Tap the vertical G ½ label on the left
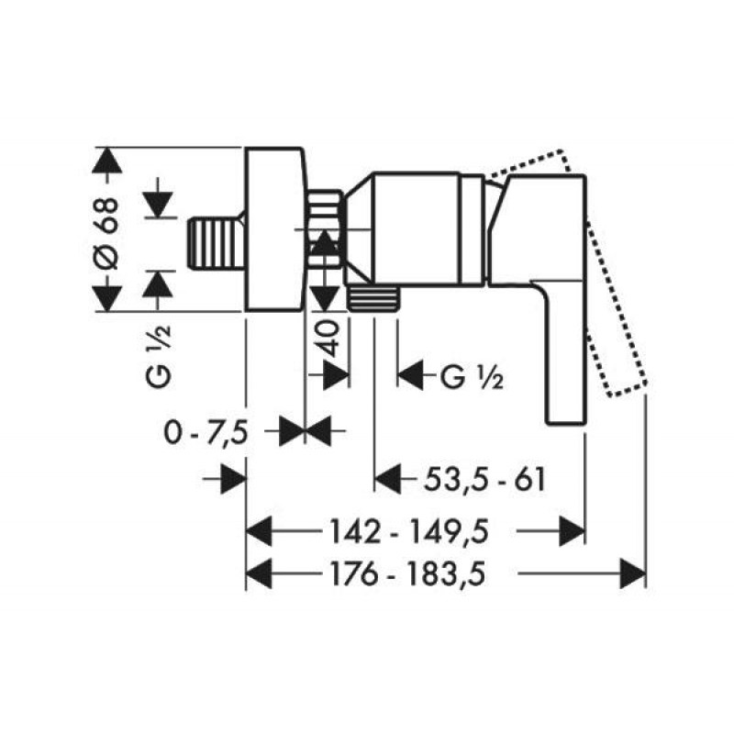(x=159, y=357)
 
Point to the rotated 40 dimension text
(x=330, y=338)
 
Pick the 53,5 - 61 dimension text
(x=484, y=479)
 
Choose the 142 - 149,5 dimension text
(x=409, y=532)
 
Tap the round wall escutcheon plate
(x=275, y=228)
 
